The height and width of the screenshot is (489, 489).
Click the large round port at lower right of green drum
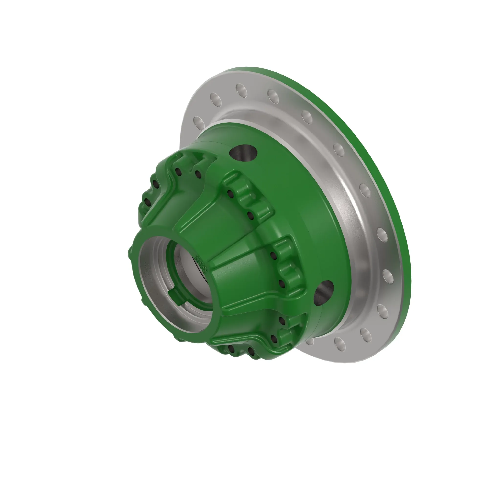click(x=324, y=293)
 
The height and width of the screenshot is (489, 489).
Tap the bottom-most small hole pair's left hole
click(x=231, y=349)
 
